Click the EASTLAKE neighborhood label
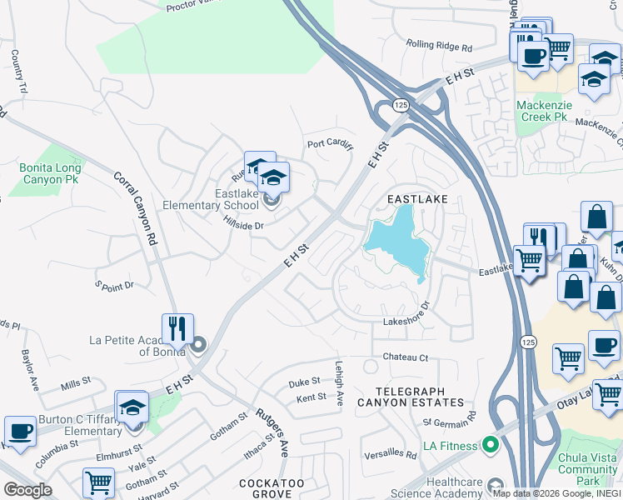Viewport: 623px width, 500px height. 417,199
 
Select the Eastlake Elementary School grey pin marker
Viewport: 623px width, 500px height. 271,199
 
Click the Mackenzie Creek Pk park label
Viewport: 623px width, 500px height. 541,111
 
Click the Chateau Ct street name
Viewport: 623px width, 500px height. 405,357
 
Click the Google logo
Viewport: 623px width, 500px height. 27,489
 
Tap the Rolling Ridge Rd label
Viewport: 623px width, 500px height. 439,46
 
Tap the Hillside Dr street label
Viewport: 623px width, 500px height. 243,225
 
